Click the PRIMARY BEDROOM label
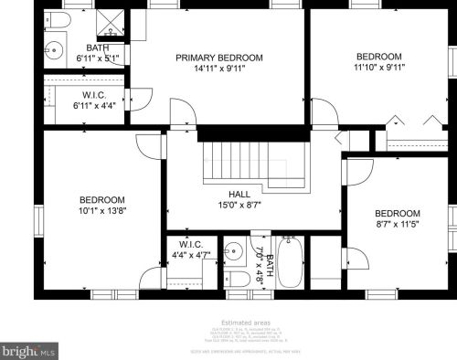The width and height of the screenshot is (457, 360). point(219,58)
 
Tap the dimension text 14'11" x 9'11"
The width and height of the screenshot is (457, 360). point(219,69)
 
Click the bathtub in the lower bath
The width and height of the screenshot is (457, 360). point(291,262)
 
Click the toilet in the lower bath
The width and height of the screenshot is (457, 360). point(235,279)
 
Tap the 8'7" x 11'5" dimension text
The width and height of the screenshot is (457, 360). point(398,223)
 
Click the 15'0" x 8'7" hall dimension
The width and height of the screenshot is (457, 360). point(239,205)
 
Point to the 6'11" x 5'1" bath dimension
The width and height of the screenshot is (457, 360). point(96,58)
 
